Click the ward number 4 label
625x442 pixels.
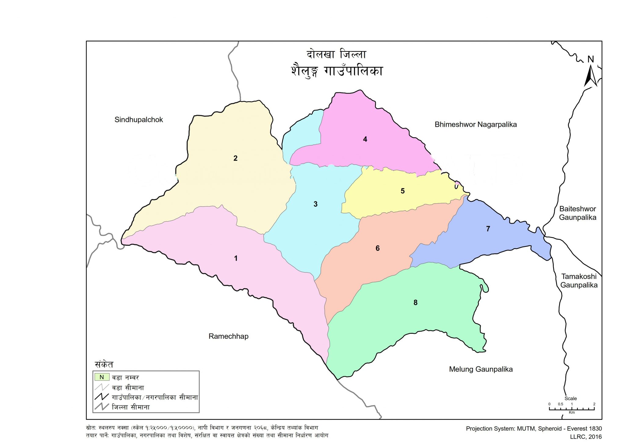click(x=365, y=139)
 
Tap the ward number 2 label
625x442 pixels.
click(x=235, y=158)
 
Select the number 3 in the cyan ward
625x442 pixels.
click(x=316, y=204)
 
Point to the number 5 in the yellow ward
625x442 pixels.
click(x=403, y=191)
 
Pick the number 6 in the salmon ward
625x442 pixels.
click(x=378, y=248)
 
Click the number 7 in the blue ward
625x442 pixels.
click(x=488, y=229)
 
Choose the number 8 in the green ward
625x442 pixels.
click(x=415, y=303)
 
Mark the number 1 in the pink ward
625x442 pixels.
click(x=236, y=258)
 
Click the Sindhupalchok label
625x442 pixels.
click(x=139, y=120)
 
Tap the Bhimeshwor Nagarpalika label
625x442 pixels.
click(x=475, y=124)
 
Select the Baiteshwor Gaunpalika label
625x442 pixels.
click(x=577, y=213)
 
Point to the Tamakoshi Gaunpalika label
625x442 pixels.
click(x=579, y=281)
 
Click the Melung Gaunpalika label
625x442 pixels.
click(x=481, y=369)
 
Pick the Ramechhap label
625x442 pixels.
click(x=228, y=336)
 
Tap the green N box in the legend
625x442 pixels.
click(x=102, y=377)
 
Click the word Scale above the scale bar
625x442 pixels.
click(x=570, y=398)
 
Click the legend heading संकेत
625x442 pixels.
click(x=104, y=365)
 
